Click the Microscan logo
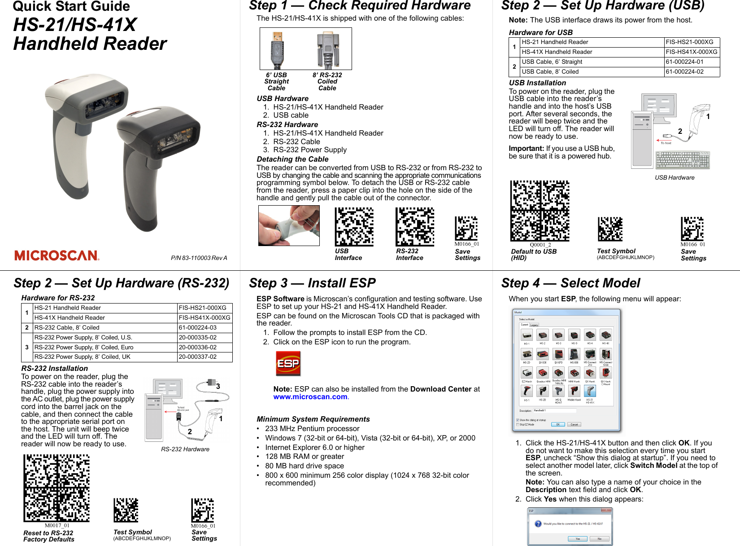[x=57, y=255]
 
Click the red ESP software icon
[x=288, y=363]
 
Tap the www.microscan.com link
[x=310, y=397]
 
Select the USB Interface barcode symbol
[x=354, y=227]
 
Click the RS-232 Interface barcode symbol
[x=415, y=227]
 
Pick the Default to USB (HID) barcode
[x=540, y=211]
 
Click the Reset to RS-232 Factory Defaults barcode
[x=57, y=488]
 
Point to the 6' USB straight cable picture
[x=277, y=49]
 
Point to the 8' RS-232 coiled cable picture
[x=328, y=49]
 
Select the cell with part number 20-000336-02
[x=205, y=347]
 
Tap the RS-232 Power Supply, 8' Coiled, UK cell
[x=105, y=357]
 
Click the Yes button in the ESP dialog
[x=578, y=539]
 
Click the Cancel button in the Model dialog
[x=574, y=424]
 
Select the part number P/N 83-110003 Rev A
[x=199, y=258]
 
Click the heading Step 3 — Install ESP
[x=312, y=283]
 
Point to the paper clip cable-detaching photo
[x=289, y=225]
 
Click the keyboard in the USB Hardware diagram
[x=683, y=160]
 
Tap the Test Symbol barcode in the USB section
[x=610, y=229]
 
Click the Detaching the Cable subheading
[x=292, y=159]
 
